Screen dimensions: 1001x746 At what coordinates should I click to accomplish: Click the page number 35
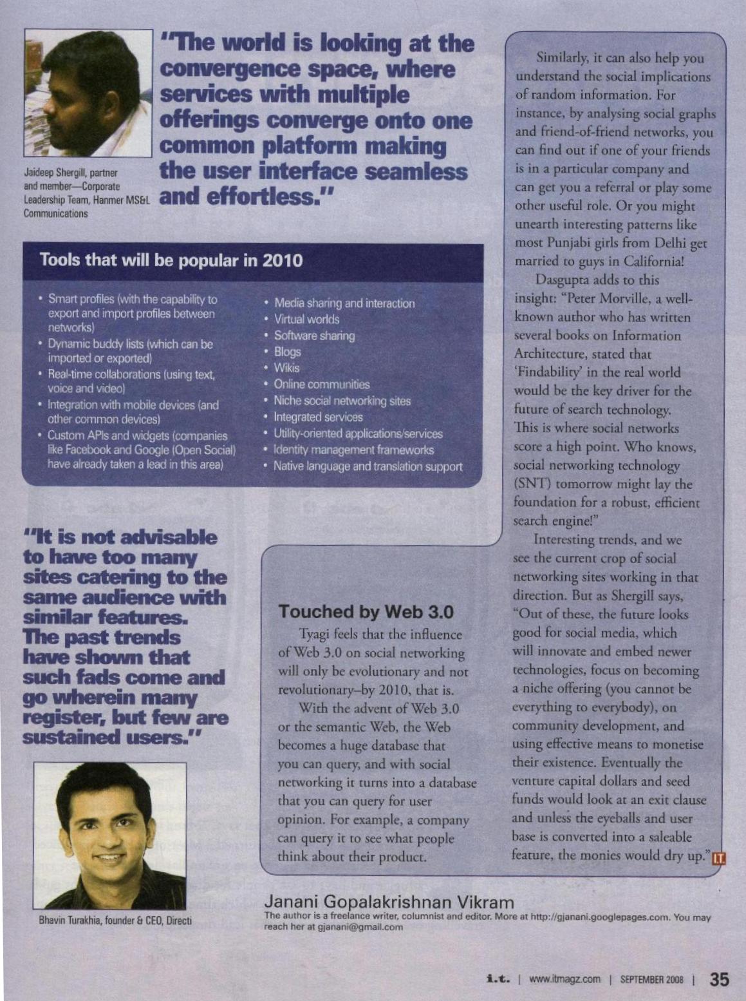pyautogui.click(x=719, y=979)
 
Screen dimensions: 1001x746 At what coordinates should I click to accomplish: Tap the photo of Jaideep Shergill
pyautogui.click(x=88, y=93)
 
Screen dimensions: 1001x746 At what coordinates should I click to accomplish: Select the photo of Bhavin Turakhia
pyautogui.click(x=110, y=835)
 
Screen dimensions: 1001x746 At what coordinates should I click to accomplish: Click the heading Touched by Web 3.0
pyautogui.click(x=366, y=611)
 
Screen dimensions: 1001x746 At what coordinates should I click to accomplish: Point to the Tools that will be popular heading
pyautogui.click(x=171, y=260)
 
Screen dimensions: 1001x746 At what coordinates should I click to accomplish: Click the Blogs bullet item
pyautogui.click(x=287, y=352)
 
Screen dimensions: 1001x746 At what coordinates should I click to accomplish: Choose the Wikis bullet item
pyautogui.click(x=286, y=368)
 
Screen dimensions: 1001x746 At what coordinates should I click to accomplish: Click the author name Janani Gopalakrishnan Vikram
pyautogui.click(x=389, y=902)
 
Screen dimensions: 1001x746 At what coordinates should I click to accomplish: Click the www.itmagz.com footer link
pyautogui.click(x=564, y=980)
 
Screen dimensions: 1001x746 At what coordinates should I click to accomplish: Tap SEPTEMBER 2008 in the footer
pyautogui.click(x=651, y=980)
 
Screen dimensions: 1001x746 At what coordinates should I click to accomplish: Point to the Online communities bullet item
pyautogui.click(x=321, y=385)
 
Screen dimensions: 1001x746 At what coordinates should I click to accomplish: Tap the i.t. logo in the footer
pyautogui.click(x=499, y=979)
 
